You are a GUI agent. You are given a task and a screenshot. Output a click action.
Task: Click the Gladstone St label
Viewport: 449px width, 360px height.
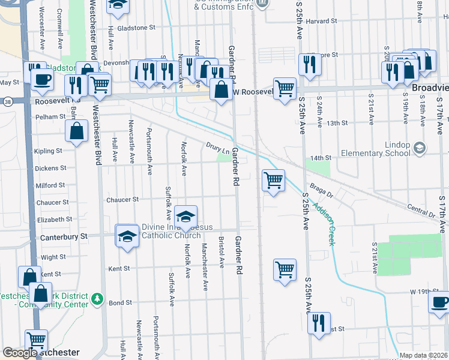tap(136, 28)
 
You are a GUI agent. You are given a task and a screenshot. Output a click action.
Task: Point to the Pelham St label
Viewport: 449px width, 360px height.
tap(49, 117)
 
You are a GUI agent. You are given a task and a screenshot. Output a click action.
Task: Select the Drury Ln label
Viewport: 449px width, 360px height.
tap(218, 147)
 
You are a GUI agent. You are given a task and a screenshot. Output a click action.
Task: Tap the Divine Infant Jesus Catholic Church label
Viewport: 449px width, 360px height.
tap(171, 231)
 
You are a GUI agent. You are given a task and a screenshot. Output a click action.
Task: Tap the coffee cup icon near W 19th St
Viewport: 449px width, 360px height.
tap(439, 301)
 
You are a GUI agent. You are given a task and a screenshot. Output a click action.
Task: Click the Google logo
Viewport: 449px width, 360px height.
tap(20, 353)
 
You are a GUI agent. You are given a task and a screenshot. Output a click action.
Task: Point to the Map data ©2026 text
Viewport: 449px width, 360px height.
tap(423, 355)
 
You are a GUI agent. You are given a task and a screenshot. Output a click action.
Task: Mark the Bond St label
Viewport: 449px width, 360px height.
tap(120, 303)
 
